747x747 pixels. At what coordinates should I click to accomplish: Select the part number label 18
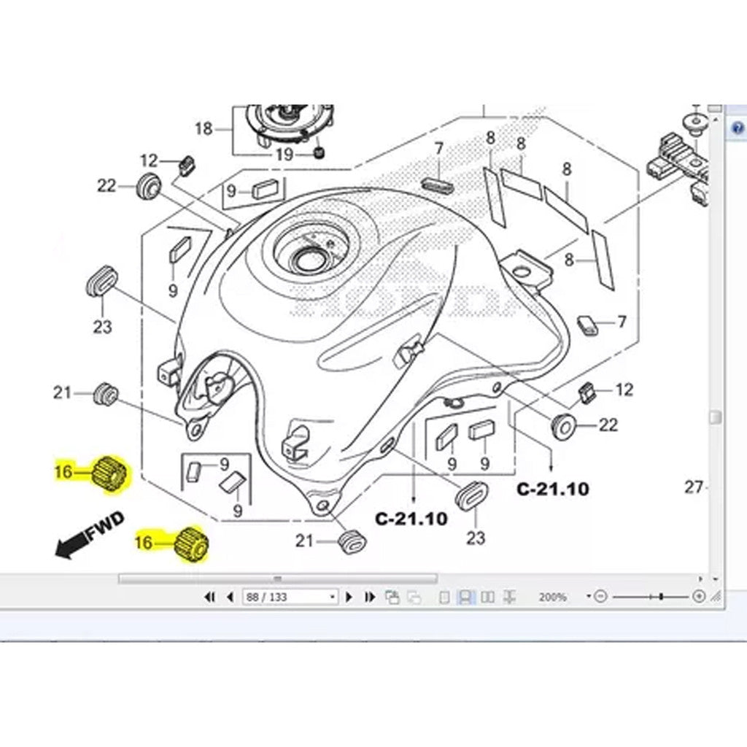[204, 129]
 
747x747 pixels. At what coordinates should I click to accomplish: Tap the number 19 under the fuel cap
[284, 154]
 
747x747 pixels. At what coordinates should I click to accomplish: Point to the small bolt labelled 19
[318, 152]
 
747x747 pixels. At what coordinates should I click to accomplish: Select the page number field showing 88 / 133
[290, 597]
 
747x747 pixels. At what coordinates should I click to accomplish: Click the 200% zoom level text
[552, 597]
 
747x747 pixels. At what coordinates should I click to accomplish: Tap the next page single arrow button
[349, 597]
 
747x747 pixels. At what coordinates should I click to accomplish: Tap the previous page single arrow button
[231, 597]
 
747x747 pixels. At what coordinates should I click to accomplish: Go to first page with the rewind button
[210, 597]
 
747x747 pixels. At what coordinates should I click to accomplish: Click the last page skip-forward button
[370, 597]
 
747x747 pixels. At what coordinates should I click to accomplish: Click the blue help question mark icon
[738, 130]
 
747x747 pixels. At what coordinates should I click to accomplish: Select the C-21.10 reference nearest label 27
[552, 489]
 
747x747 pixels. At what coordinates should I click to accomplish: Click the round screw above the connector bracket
[695, 122]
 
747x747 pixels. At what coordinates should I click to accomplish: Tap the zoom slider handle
[661, 597]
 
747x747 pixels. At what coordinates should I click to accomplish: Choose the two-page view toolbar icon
[488, 597]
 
